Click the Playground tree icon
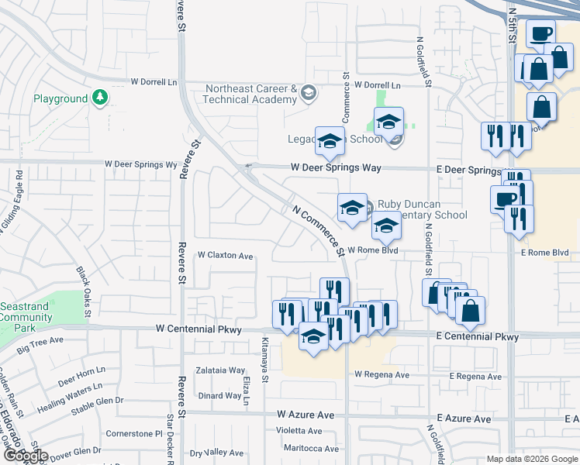[99, 98]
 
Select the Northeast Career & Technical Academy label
[251, 94]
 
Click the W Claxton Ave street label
[225, 256]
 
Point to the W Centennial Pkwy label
[199, 329]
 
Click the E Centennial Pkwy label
[476, 336]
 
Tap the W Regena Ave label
[381, 375]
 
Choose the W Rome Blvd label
[372, 250]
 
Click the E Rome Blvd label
[544, 253]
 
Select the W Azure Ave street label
[306, 415]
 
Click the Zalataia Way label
[220, 370]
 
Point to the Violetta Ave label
[299, 431]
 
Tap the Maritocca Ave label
[310, 448]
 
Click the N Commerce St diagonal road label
[318, 231]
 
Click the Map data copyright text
[531, 459]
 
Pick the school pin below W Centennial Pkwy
[313, 338]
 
